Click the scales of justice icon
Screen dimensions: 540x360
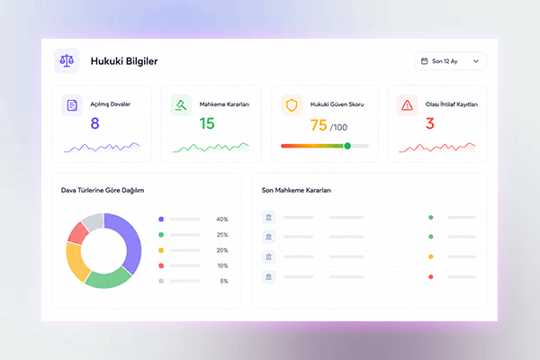(67, 61)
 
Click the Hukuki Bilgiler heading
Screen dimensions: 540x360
(124, 61)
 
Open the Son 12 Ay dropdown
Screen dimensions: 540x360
(450, 61)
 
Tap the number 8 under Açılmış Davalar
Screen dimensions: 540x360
(95, 123)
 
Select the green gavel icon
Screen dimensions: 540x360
(181, 105)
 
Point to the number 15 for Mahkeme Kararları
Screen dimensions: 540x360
(207, 123)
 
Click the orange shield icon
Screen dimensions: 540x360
(292, 105)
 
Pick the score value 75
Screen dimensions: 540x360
(319, 125)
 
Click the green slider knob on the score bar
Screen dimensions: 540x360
(347, 146)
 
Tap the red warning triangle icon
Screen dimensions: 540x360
(407, 105)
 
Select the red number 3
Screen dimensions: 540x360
(430, 123)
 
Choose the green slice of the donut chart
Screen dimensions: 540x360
(107, 278)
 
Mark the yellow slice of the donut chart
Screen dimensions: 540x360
(75, 262)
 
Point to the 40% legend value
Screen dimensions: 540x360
(222, 219)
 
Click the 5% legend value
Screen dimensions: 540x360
(224, 281)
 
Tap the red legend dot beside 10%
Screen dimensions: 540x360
(161, 265)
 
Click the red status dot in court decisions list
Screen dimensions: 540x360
(430, 276)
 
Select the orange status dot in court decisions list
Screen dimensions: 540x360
(430, 256)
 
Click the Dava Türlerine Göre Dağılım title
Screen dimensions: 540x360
(103, 190)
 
